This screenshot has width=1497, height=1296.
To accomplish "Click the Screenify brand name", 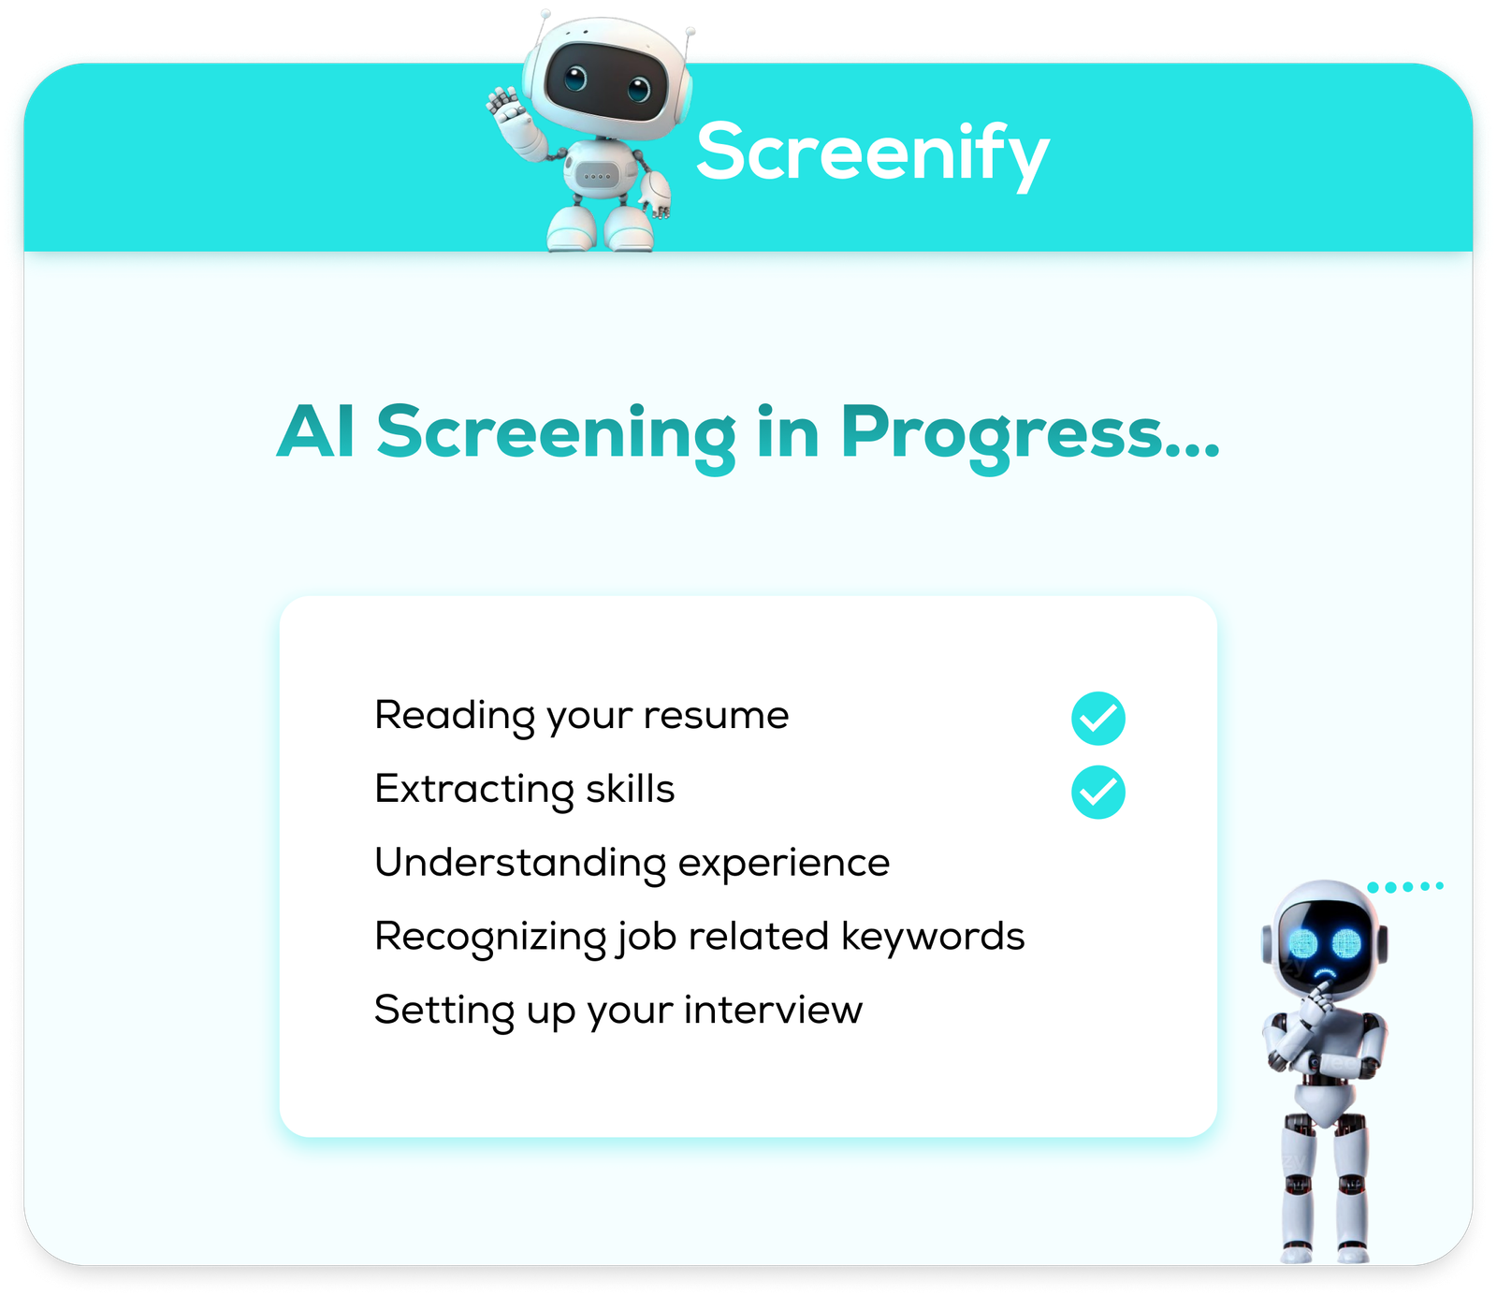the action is (873, 154).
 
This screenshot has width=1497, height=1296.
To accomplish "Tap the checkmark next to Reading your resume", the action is (1097, 719).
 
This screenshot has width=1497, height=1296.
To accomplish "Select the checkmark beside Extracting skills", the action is (1097, 793).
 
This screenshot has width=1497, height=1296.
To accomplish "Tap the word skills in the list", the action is (630, 789).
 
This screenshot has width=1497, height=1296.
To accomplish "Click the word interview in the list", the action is (773, 1011).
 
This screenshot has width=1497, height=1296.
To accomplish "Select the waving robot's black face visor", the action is (606, 81).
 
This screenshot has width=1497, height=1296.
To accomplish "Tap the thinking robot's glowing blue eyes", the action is (1324, 944).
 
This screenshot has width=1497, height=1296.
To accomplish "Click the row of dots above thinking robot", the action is (1405, 886).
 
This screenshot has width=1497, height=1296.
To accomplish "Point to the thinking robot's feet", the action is (1325, 1251).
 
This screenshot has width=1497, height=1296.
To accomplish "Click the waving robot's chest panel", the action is (597, 175).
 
